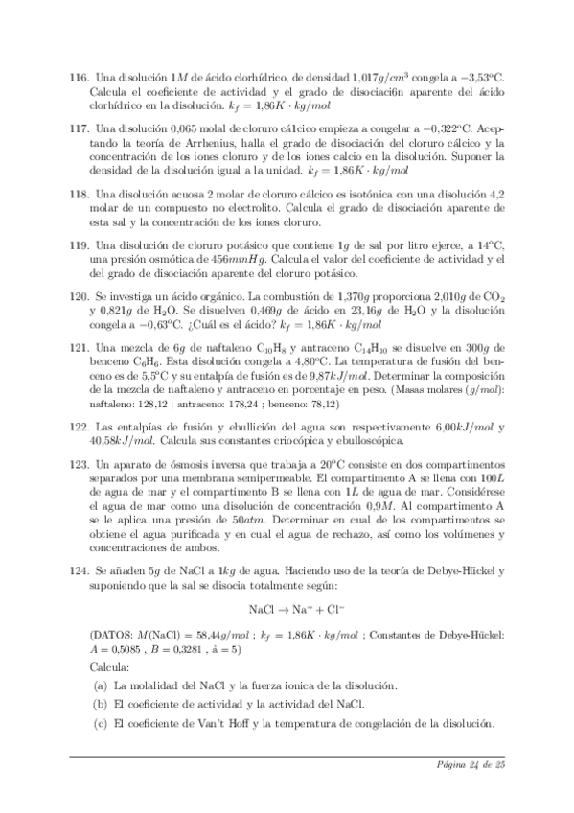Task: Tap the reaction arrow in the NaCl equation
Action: (x=284, y=610)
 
